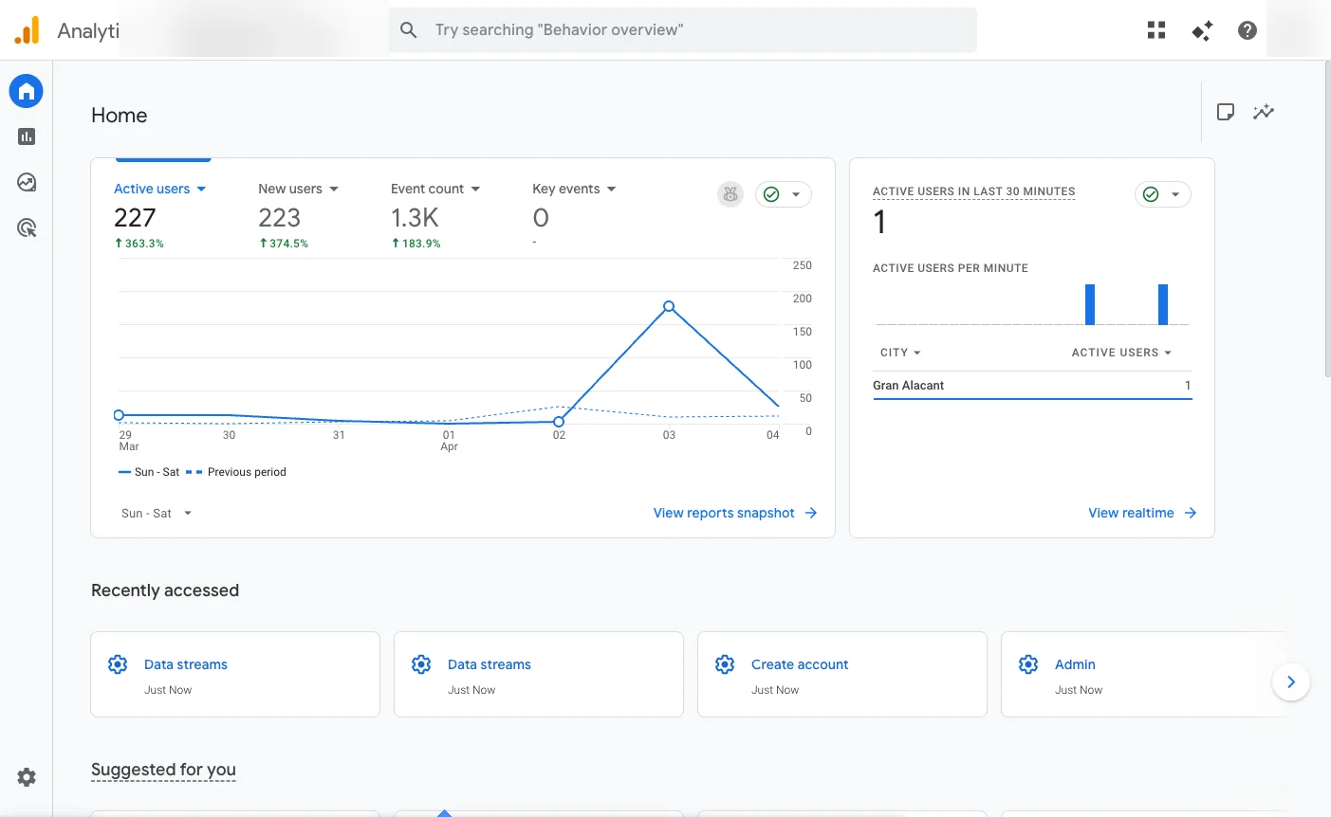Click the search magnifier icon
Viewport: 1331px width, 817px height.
(x=409, y=30)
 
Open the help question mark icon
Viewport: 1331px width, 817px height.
(x=1248, y=30)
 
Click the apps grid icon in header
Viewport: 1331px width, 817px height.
(x=1155, y=30)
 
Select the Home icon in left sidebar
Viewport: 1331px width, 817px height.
(x=27, y=91)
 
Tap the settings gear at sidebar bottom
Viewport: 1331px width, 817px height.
(x=27, y=777)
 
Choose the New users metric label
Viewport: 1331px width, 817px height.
(x=290, y=189)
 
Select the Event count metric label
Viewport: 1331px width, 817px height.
(x=427, y=189)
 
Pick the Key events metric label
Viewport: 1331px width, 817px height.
(x=566, y=189)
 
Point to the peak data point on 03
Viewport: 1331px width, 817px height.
(x=669, y=306)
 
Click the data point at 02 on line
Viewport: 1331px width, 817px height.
(x=559, y=422)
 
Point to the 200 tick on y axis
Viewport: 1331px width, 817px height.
(x=802, y=299)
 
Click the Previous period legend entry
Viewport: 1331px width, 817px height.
(x=246, y=472)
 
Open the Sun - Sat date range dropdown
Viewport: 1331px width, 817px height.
(x=157, y=513)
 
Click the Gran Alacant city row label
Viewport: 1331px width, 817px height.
(x=908, y=386)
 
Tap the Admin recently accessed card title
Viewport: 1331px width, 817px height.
(x=1075, y=664)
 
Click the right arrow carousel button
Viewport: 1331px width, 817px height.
(x=1290, y=681)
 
